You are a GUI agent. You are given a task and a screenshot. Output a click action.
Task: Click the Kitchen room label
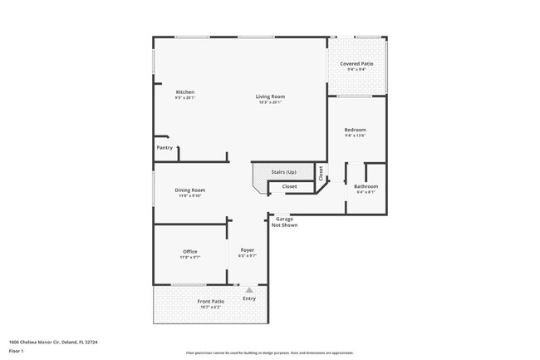click(x=184, y=91)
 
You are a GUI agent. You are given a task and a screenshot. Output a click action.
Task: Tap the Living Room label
click(x=269, y=96)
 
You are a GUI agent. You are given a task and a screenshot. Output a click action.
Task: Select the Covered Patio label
click(x=356, y=64)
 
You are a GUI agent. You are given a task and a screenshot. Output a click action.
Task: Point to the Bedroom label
click(x=355, y=130)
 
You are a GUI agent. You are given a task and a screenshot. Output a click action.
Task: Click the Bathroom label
click(x=366, y=186)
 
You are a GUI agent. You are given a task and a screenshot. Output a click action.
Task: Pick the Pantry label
click(x=164, y=148)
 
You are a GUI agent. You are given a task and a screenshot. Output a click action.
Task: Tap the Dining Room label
click(x=189, y=190)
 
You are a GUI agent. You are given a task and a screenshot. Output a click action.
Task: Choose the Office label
click(x=189, y=252)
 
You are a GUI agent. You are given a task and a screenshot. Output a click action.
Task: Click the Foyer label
click(x=248, y=250)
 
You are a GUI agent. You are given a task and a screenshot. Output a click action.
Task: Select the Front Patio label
click(x=210, y=301)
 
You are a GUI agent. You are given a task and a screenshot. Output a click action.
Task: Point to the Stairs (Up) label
click(x=283, y=172)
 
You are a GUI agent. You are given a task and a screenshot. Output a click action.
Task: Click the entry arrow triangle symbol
click(x=248, y=289)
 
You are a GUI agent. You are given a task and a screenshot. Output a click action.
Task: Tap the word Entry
click(x=249, y=298)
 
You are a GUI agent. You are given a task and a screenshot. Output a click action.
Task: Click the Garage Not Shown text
click(x=287, y=222)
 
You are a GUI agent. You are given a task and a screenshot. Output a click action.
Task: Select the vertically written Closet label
click(x=321, y=172)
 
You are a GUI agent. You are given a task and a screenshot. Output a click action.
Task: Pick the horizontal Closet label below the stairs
click(x=289, y=187)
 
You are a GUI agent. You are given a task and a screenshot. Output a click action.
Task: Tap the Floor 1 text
click(x=15, y=352)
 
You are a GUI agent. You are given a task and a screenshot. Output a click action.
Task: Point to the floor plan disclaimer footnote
click(x=269, y=353)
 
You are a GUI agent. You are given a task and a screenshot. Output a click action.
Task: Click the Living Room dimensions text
click(x=269, y=102)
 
